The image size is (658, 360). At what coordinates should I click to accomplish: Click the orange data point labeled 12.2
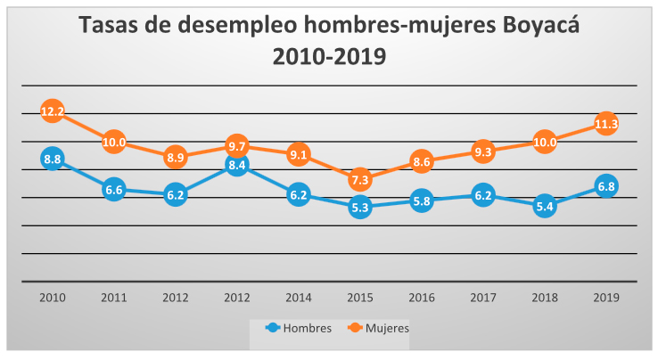pos(53,111)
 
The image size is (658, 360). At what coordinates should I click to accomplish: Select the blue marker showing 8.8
pos(53,159)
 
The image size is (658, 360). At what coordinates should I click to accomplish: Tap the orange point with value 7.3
pos(360,180)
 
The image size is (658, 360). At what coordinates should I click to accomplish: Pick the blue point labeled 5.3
pos(360,208)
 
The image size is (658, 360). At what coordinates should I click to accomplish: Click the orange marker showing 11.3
pos(606,124)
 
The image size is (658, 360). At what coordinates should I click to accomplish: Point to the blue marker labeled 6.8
pos(606,186)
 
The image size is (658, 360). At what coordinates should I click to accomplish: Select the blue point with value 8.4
pos(237,165)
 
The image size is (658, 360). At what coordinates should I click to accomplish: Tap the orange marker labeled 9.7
pos(237,146)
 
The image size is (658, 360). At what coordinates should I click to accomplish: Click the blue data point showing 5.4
pos(545,206)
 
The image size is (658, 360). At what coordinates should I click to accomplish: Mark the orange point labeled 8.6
pos(422,161)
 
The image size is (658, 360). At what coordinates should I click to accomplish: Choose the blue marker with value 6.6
pos(114,190)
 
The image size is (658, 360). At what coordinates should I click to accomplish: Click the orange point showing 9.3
pos(483,151)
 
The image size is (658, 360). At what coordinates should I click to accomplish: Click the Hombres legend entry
pos(299,328)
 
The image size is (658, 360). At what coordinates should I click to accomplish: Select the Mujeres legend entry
pos(379,328)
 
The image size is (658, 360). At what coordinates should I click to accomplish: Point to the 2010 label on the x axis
pos(53,298)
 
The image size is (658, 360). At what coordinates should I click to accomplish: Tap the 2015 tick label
pos(360,298)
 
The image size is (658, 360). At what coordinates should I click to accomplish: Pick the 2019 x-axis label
pos(606,298)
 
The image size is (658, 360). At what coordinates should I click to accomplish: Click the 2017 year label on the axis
pos(483,298)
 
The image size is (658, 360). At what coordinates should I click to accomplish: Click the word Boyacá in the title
pos(541,25)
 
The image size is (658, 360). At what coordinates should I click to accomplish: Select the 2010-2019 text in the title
pos(329,57)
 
